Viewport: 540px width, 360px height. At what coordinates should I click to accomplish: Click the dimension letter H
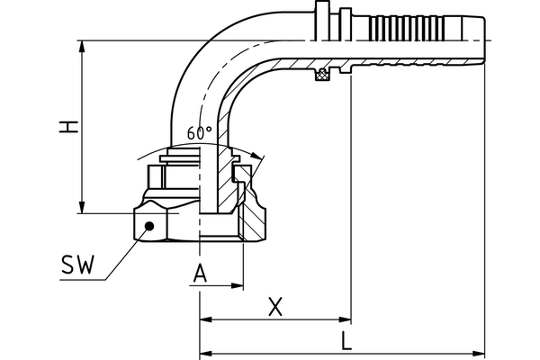pos(65,127)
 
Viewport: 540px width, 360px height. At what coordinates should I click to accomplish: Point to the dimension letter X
pos(276,307)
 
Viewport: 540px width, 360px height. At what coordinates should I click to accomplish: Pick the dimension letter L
pos(346,340)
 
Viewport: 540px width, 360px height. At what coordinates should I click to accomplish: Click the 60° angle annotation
pos(200,132)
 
